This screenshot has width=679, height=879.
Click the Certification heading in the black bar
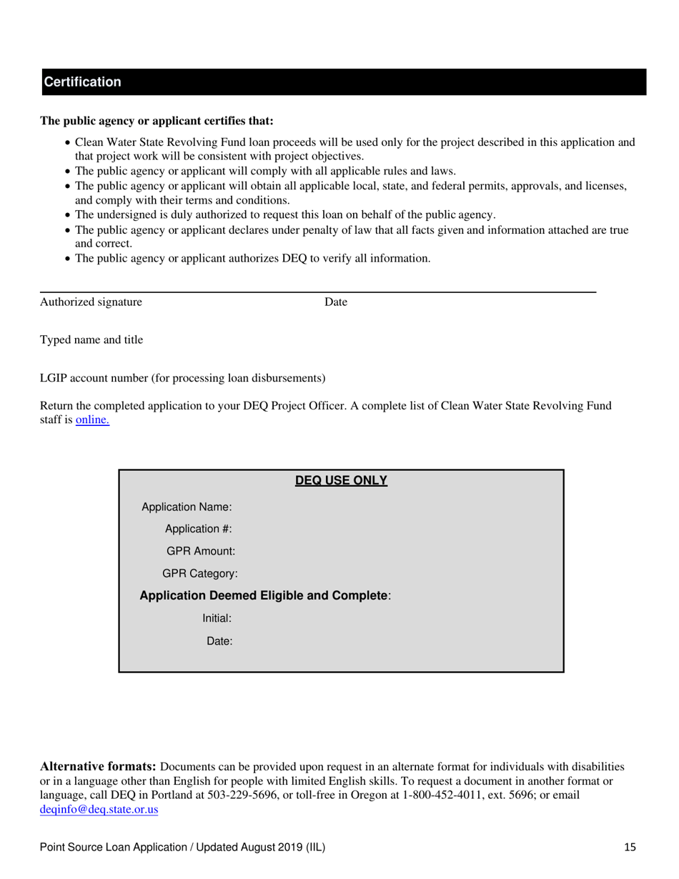pos(82,82)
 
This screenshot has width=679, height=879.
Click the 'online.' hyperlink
pos(92,420)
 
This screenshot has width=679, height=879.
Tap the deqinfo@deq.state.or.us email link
pos(99,810)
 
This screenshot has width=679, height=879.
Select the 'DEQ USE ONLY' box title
pos(341,481)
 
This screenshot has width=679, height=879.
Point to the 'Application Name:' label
pos(187,507)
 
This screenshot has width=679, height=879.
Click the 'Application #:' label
pos(198,530)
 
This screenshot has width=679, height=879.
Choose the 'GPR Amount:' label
pos(200,552)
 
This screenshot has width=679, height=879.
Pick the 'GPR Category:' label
pos(200,574)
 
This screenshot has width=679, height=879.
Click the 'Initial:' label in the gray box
pos(217,619)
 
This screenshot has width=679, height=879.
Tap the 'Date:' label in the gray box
pos(219,641)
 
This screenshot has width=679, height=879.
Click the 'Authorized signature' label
pos(91,302)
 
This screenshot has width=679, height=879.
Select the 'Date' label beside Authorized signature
pos(335,302)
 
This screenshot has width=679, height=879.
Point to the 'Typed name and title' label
pos(91,340)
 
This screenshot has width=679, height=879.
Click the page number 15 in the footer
pos(629,848)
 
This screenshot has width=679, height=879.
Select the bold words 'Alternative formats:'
pos(98,766)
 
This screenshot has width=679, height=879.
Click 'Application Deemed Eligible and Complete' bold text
pos(264,596)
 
